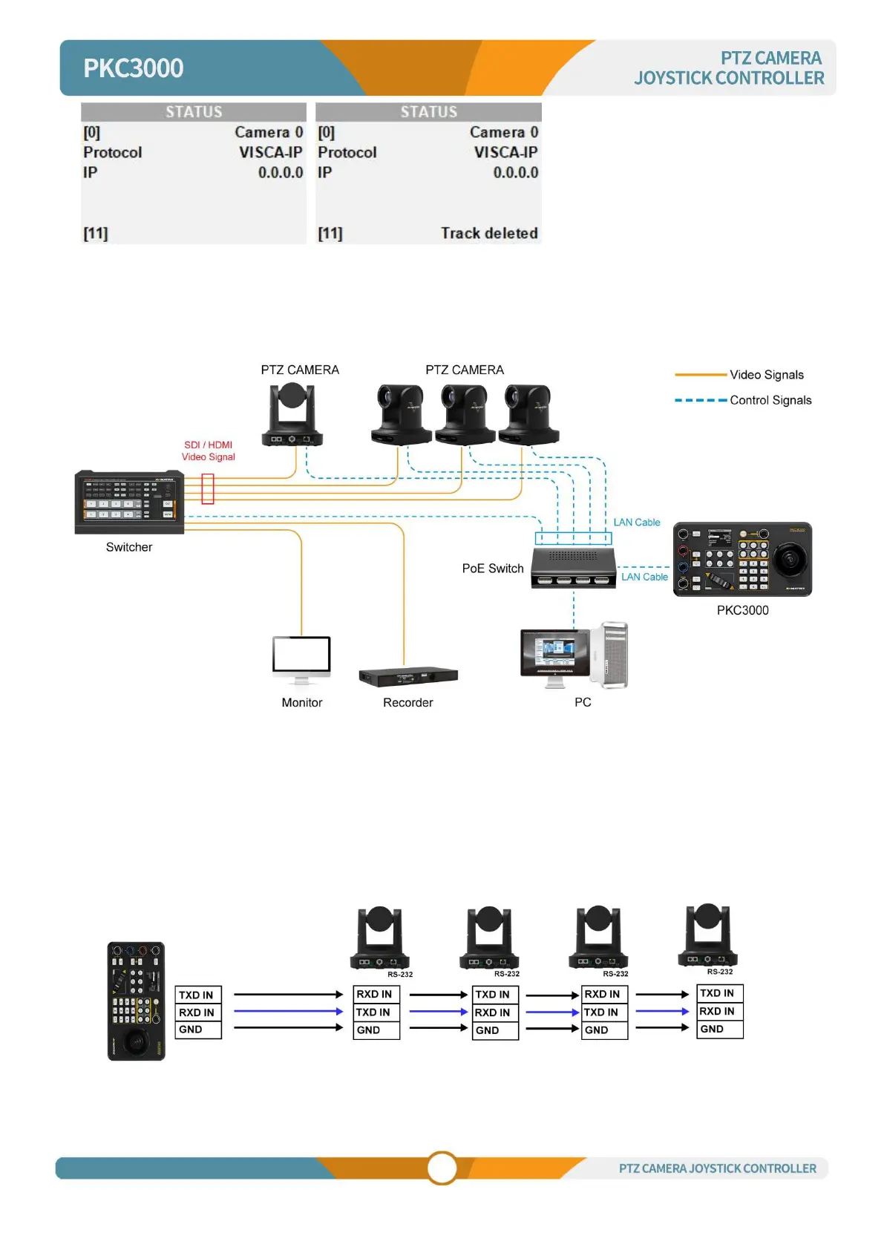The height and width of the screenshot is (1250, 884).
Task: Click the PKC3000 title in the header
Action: coord(133,68)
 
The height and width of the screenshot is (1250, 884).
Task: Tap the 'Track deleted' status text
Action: coord(489,233)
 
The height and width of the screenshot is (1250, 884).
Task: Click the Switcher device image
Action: coord(129,502)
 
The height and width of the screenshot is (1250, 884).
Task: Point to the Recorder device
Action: coord(408,676)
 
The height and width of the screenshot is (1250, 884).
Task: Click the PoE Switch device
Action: coord(573,568)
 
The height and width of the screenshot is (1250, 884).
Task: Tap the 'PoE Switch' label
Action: coord(493,569)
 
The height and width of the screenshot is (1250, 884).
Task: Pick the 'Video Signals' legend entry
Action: coord(766,375)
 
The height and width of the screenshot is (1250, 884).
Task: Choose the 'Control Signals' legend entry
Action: coord(770,400)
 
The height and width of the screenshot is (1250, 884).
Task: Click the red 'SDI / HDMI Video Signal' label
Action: coord(209,451)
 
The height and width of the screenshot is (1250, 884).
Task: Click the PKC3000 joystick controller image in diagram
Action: coord(742,559)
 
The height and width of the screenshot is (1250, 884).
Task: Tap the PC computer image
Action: coord(574,655)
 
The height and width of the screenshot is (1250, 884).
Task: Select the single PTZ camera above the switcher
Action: coord(292,414)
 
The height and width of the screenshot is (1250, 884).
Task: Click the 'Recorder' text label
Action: coord(407,702)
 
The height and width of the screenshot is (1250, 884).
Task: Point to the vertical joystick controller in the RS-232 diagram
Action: coord(137,1001)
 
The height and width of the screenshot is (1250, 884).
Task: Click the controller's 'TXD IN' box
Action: coord(198,995)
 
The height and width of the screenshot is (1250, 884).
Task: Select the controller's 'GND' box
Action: coord(198,1030)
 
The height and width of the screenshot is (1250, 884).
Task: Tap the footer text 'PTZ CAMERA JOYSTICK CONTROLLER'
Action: coord(717,1168)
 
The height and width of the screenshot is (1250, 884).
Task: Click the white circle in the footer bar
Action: coord(442,1168)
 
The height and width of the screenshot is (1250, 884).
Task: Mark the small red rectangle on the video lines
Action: coord(208,489)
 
